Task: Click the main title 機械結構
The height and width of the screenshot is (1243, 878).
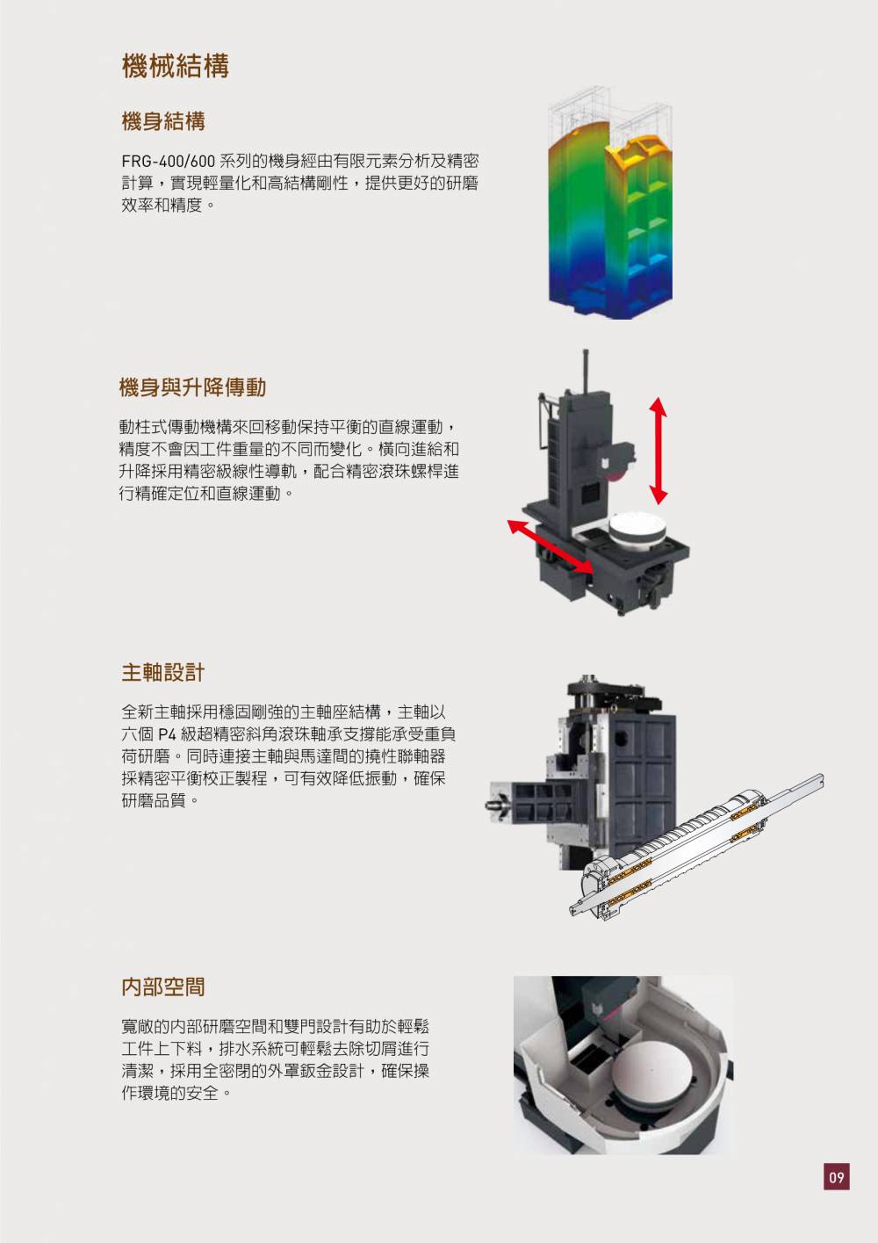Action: (176, 66)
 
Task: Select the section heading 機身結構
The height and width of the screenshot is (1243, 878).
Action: (163, 121)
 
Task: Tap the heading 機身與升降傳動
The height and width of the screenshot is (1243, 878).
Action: (192, 387)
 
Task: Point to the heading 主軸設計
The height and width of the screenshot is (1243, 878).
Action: (163, 672)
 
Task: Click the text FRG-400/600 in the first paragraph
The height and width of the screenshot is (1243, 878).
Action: (168, 161)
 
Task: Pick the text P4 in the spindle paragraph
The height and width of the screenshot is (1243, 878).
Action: (167, 734)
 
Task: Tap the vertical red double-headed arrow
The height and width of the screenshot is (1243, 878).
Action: (658, 451)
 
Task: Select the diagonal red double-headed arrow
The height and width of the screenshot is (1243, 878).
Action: (551, 546)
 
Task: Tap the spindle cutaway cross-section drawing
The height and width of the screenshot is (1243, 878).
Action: (696, 843)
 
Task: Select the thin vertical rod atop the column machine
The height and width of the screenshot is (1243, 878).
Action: (585, 371)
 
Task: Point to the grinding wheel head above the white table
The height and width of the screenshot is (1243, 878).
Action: (616, 460)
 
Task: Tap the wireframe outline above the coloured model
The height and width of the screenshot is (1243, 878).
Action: (610, 113)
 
